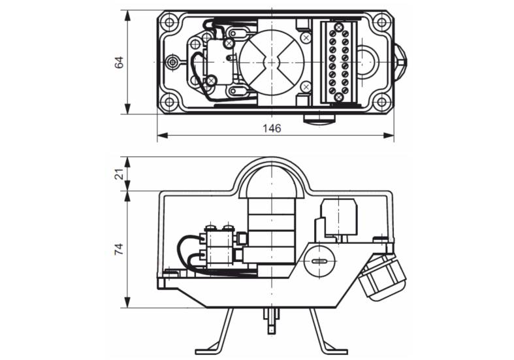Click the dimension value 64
[120, 62]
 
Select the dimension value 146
[272, 128]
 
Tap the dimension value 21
[120, 174]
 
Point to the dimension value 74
[120, 249]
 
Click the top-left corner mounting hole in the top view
[169, 23]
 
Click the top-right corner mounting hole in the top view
[381, 23]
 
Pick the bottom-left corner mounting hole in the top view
[169, 102]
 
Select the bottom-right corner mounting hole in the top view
[381, 102]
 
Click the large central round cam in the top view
[272, 62]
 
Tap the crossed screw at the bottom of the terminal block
[338, 97]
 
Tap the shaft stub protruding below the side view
[272, 322]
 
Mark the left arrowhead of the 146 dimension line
[163, 135]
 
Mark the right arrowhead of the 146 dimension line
[389, 135]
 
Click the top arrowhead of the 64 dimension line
[128, 16]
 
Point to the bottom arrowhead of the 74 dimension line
[128, 303]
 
